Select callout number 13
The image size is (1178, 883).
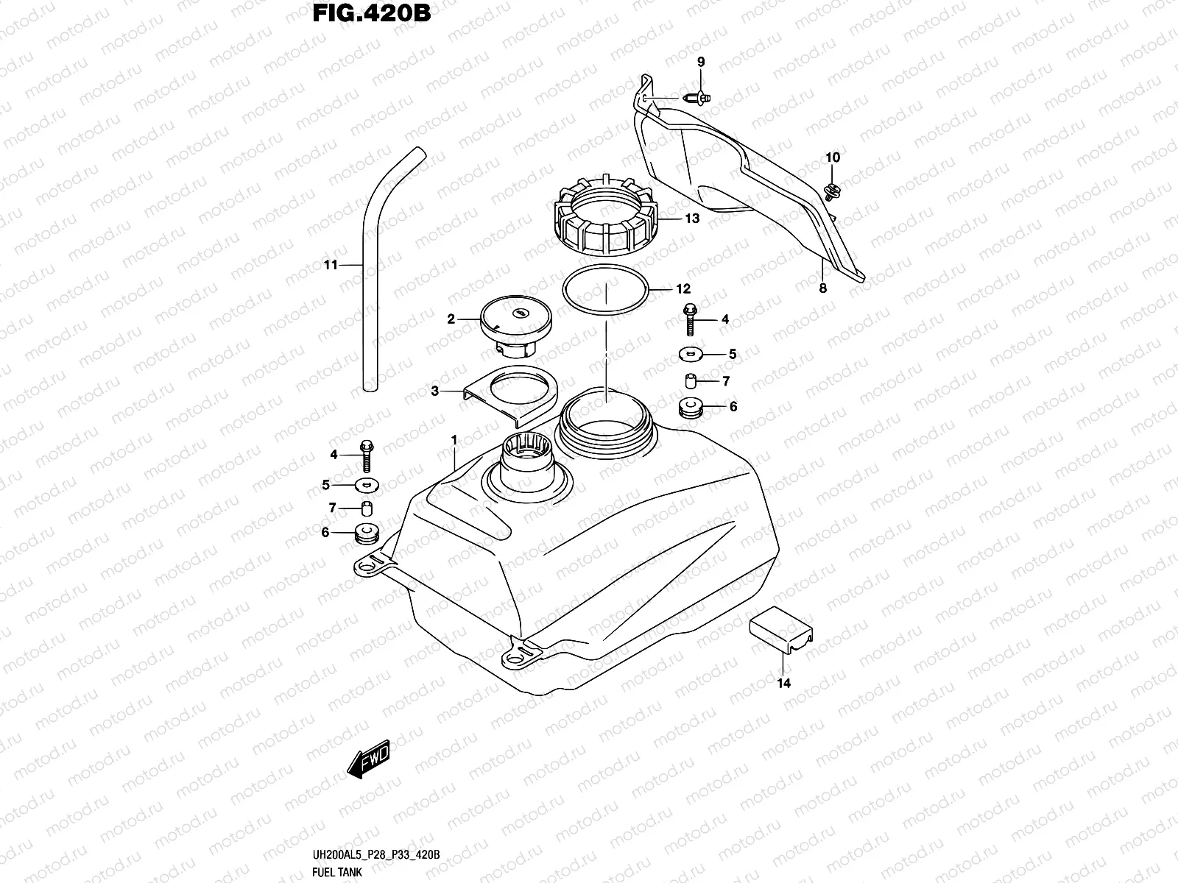point(691,219)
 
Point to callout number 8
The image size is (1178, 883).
point(822,288)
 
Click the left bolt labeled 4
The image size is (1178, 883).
point(366,455)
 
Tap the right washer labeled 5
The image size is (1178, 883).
point(691,355)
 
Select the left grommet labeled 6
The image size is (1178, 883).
point(365,533)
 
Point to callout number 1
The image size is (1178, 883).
point(454,439)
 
